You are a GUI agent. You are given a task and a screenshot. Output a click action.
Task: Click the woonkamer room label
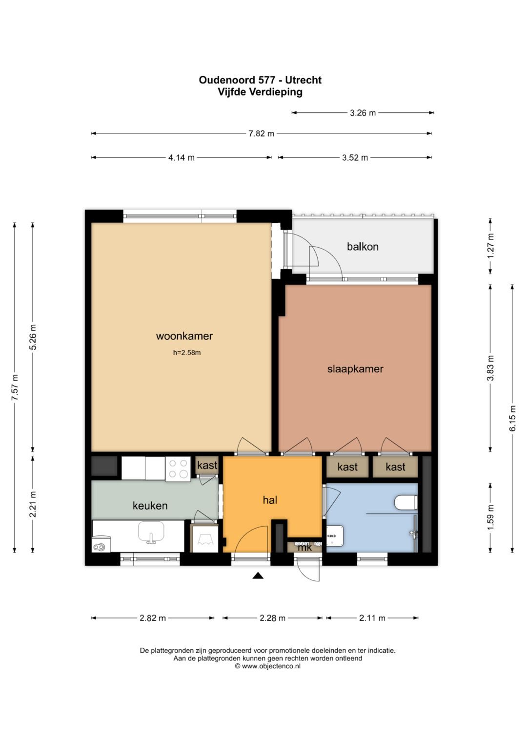tap(184, 336)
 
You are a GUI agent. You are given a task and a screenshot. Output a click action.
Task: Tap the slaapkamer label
tap(355, 369)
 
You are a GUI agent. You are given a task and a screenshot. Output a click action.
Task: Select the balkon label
tap(362, 247)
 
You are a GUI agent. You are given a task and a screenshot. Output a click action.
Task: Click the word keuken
tap(150, 506)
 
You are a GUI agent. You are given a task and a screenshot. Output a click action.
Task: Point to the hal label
tap(269, 500)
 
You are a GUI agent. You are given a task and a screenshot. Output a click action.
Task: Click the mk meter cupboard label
tap(305, 548)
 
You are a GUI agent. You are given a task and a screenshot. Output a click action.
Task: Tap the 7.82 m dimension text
tap(261, 133)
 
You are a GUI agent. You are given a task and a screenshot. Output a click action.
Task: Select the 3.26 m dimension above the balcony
tap(362, 113)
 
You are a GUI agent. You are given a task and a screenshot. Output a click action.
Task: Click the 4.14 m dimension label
tap(181, 157)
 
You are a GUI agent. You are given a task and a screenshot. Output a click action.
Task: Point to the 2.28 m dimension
tap(272, 618)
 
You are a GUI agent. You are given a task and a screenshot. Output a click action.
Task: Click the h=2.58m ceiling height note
tap(186, 353)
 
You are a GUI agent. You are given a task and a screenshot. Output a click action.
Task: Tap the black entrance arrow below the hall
tap(258, 575)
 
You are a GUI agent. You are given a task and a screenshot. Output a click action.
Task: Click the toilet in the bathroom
tap(406, 503)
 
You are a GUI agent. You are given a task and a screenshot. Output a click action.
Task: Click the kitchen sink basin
tap(151, 533)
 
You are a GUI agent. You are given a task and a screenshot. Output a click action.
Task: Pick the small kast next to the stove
tap(207, 465)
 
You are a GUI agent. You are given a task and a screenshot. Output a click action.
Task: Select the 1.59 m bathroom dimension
tap(490, 517)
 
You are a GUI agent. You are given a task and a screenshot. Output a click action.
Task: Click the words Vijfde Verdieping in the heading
tap(260, 92)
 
